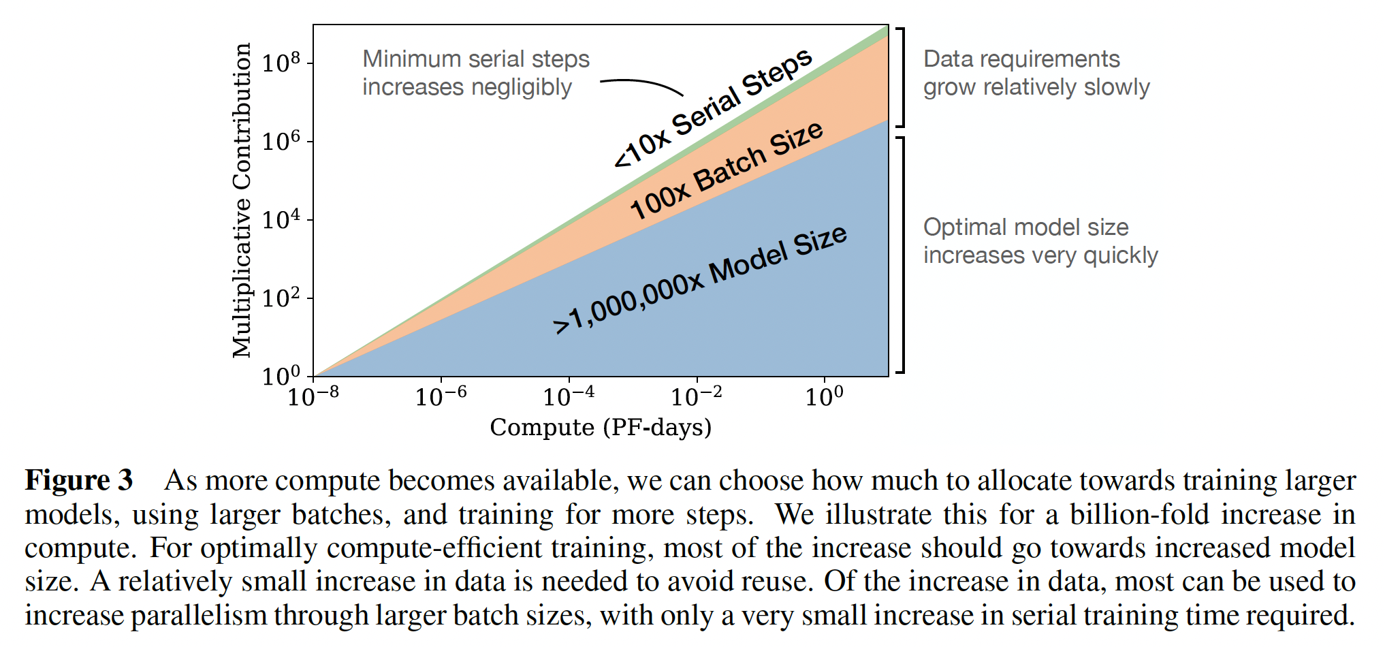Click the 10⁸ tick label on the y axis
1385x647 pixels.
tap(281, 63)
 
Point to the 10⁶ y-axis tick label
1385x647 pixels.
tap(281, 141)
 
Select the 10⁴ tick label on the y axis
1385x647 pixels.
tap(281, 219)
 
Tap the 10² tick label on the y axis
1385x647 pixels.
tap(281, 298)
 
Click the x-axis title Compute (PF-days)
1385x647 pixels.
tap(601, 428)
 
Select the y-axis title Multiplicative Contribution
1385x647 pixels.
tap(242, 200)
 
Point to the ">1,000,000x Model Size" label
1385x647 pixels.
tap(700, 279)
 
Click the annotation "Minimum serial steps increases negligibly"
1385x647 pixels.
tap(475, 73)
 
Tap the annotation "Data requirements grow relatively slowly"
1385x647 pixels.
tap(1036, 73)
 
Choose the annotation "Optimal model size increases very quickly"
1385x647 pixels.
tap(1040, 241)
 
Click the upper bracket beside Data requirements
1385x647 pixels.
tap(902, 78)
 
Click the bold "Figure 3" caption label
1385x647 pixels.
tap(79, 481)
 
